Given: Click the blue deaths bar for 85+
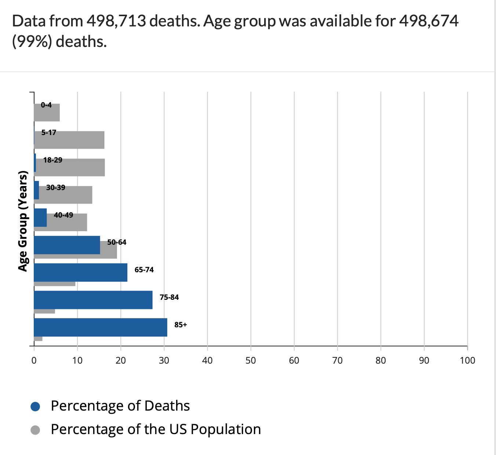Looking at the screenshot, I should [100, 327].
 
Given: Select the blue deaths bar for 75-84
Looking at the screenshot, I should [93, 300].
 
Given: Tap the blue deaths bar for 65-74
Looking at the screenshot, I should [80, 272].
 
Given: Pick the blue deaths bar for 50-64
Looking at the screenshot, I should [67, 245].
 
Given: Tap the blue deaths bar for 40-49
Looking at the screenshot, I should [40, 218].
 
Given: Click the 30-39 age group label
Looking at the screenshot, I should [56, 188].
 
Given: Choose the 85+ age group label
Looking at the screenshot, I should [180, 325].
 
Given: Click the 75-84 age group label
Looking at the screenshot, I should [169, 297].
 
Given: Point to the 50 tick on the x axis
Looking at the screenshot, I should [251, 360].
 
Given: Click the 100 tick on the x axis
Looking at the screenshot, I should [467, 360].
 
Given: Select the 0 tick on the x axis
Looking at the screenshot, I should [34, 360].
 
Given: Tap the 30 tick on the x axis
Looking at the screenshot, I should [164, 360].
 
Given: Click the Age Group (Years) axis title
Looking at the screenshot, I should [23, 221].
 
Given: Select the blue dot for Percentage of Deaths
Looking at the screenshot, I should [35, 407].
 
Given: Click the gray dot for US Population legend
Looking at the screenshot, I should [35, 430].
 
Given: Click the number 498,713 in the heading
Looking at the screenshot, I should [116, 21].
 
